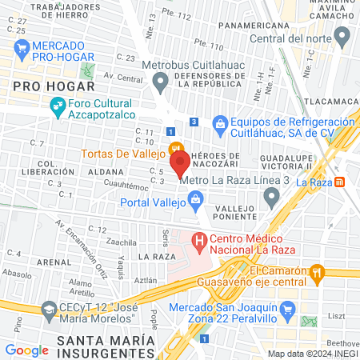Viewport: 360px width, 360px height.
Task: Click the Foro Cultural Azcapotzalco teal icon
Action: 58,104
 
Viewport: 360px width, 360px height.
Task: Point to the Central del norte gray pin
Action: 342,36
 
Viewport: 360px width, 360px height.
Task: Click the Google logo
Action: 26,350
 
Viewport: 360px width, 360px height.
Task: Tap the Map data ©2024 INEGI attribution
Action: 313,354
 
